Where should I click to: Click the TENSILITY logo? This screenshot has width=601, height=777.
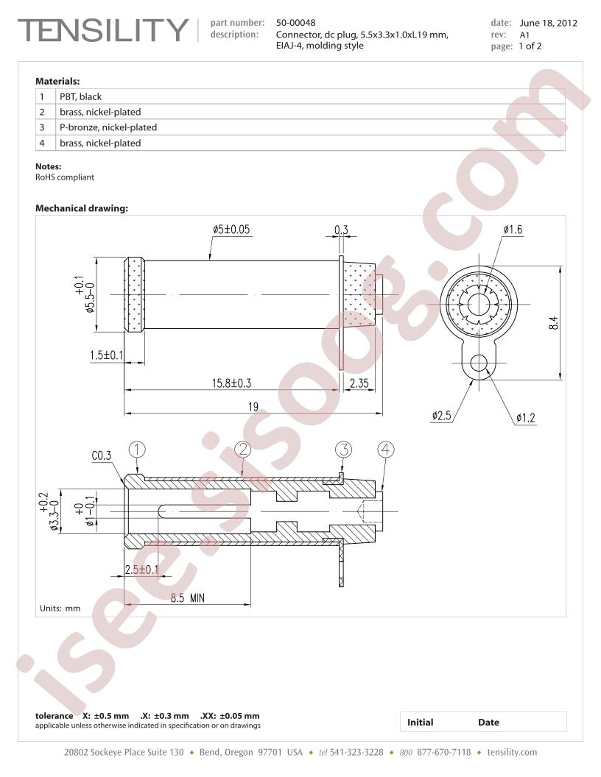coord(103,30)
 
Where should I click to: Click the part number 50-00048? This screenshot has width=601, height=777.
coord(295,22)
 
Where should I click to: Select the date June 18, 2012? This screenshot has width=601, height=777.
coord(549,23)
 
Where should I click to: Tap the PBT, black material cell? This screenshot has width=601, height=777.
coord(81,96)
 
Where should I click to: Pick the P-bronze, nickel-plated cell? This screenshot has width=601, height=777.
coord(108,127)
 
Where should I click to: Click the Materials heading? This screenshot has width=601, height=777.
coord(57,81)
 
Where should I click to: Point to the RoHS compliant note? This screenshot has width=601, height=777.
coord(65,177)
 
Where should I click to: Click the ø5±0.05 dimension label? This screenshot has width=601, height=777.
coord(231,230)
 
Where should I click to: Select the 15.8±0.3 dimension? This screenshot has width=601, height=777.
coord(231,383)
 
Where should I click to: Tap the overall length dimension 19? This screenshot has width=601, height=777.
coord(253,407)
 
